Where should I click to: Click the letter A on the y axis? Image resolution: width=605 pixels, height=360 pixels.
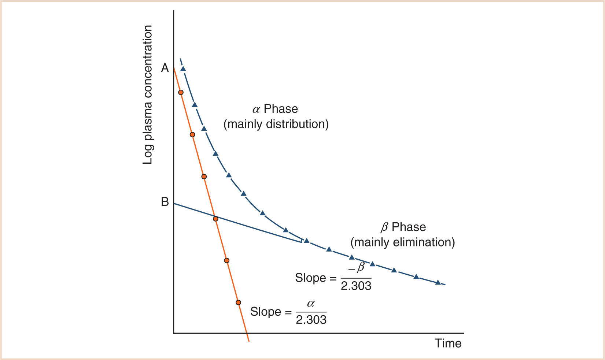[165, 68]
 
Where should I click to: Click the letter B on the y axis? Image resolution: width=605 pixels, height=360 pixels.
[165, 202]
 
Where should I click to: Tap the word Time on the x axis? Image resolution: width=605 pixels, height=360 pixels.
[448, 344]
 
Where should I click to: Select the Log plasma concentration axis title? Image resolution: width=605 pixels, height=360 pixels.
[148, 95]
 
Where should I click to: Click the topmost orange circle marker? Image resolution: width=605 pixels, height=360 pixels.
[181, 92]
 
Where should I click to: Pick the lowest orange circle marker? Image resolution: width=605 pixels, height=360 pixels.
[238, 303]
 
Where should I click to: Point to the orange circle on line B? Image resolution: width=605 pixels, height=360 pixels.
[215, 219]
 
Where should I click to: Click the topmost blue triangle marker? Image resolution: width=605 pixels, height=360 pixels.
[183, 69]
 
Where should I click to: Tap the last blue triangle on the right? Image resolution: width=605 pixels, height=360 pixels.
[438, 282]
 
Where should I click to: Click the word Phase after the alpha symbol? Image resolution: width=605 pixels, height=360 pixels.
[281, 109]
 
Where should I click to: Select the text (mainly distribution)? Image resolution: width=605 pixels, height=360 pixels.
[276, 124]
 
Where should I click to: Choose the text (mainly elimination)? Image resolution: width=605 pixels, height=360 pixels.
[402, 242]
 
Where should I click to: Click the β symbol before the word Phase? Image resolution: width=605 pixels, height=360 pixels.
[384, 227]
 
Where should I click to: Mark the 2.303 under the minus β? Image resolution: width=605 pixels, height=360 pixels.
[356, 286]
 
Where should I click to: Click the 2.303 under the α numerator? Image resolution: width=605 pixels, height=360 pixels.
[311, 320]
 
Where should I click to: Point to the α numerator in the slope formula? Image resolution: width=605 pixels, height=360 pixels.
[311, 304]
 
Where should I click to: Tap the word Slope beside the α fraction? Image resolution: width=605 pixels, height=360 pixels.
[266, 312]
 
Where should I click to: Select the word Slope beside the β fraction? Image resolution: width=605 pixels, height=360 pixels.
[310, 278]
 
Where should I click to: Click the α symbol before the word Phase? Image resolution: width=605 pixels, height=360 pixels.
[256, 110]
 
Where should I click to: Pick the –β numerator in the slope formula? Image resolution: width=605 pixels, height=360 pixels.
[357, 268]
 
